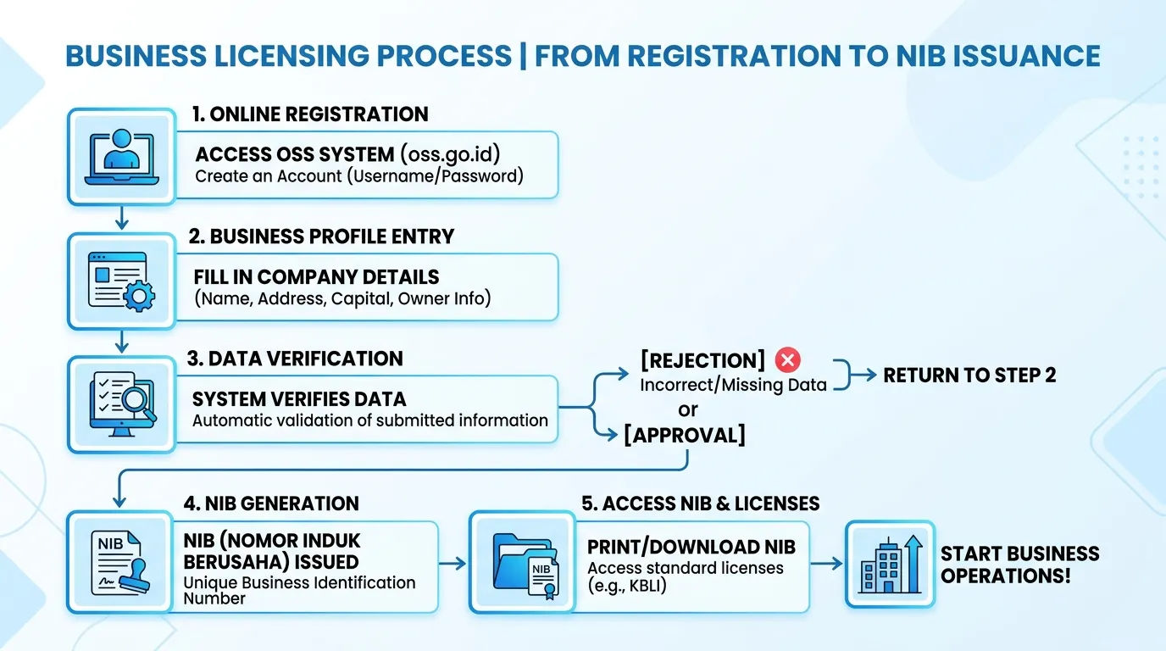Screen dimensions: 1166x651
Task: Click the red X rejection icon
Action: point(787,360)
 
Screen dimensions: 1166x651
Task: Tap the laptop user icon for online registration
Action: point(122,157)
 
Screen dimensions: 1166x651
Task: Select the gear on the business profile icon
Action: point(140,296)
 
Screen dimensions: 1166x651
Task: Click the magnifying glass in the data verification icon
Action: point(137,403)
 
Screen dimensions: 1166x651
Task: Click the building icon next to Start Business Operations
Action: point(890,565)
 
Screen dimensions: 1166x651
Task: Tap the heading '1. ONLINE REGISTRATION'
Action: point(310,114)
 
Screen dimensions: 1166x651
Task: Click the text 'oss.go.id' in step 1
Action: point(450,154)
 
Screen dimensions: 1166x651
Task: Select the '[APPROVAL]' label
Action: point(685,436)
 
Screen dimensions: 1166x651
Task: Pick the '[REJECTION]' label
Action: point(702,360)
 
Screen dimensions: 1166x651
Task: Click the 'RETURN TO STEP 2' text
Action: point(969,375)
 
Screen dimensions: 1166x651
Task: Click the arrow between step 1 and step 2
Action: point(122,218)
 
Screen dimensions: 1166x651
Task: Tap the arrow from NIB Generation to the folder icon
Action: point(453,564)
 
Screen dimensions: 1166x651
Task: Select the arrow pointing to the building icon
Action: point(826,564)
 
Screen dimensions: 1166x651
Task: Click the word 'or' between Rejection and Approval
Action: point(687,410)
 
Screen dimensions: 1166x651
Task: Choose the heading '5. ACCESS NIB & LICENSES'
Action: point(701,504)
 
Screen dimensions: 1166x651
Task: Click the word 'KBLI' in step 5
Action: point(646,586)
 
